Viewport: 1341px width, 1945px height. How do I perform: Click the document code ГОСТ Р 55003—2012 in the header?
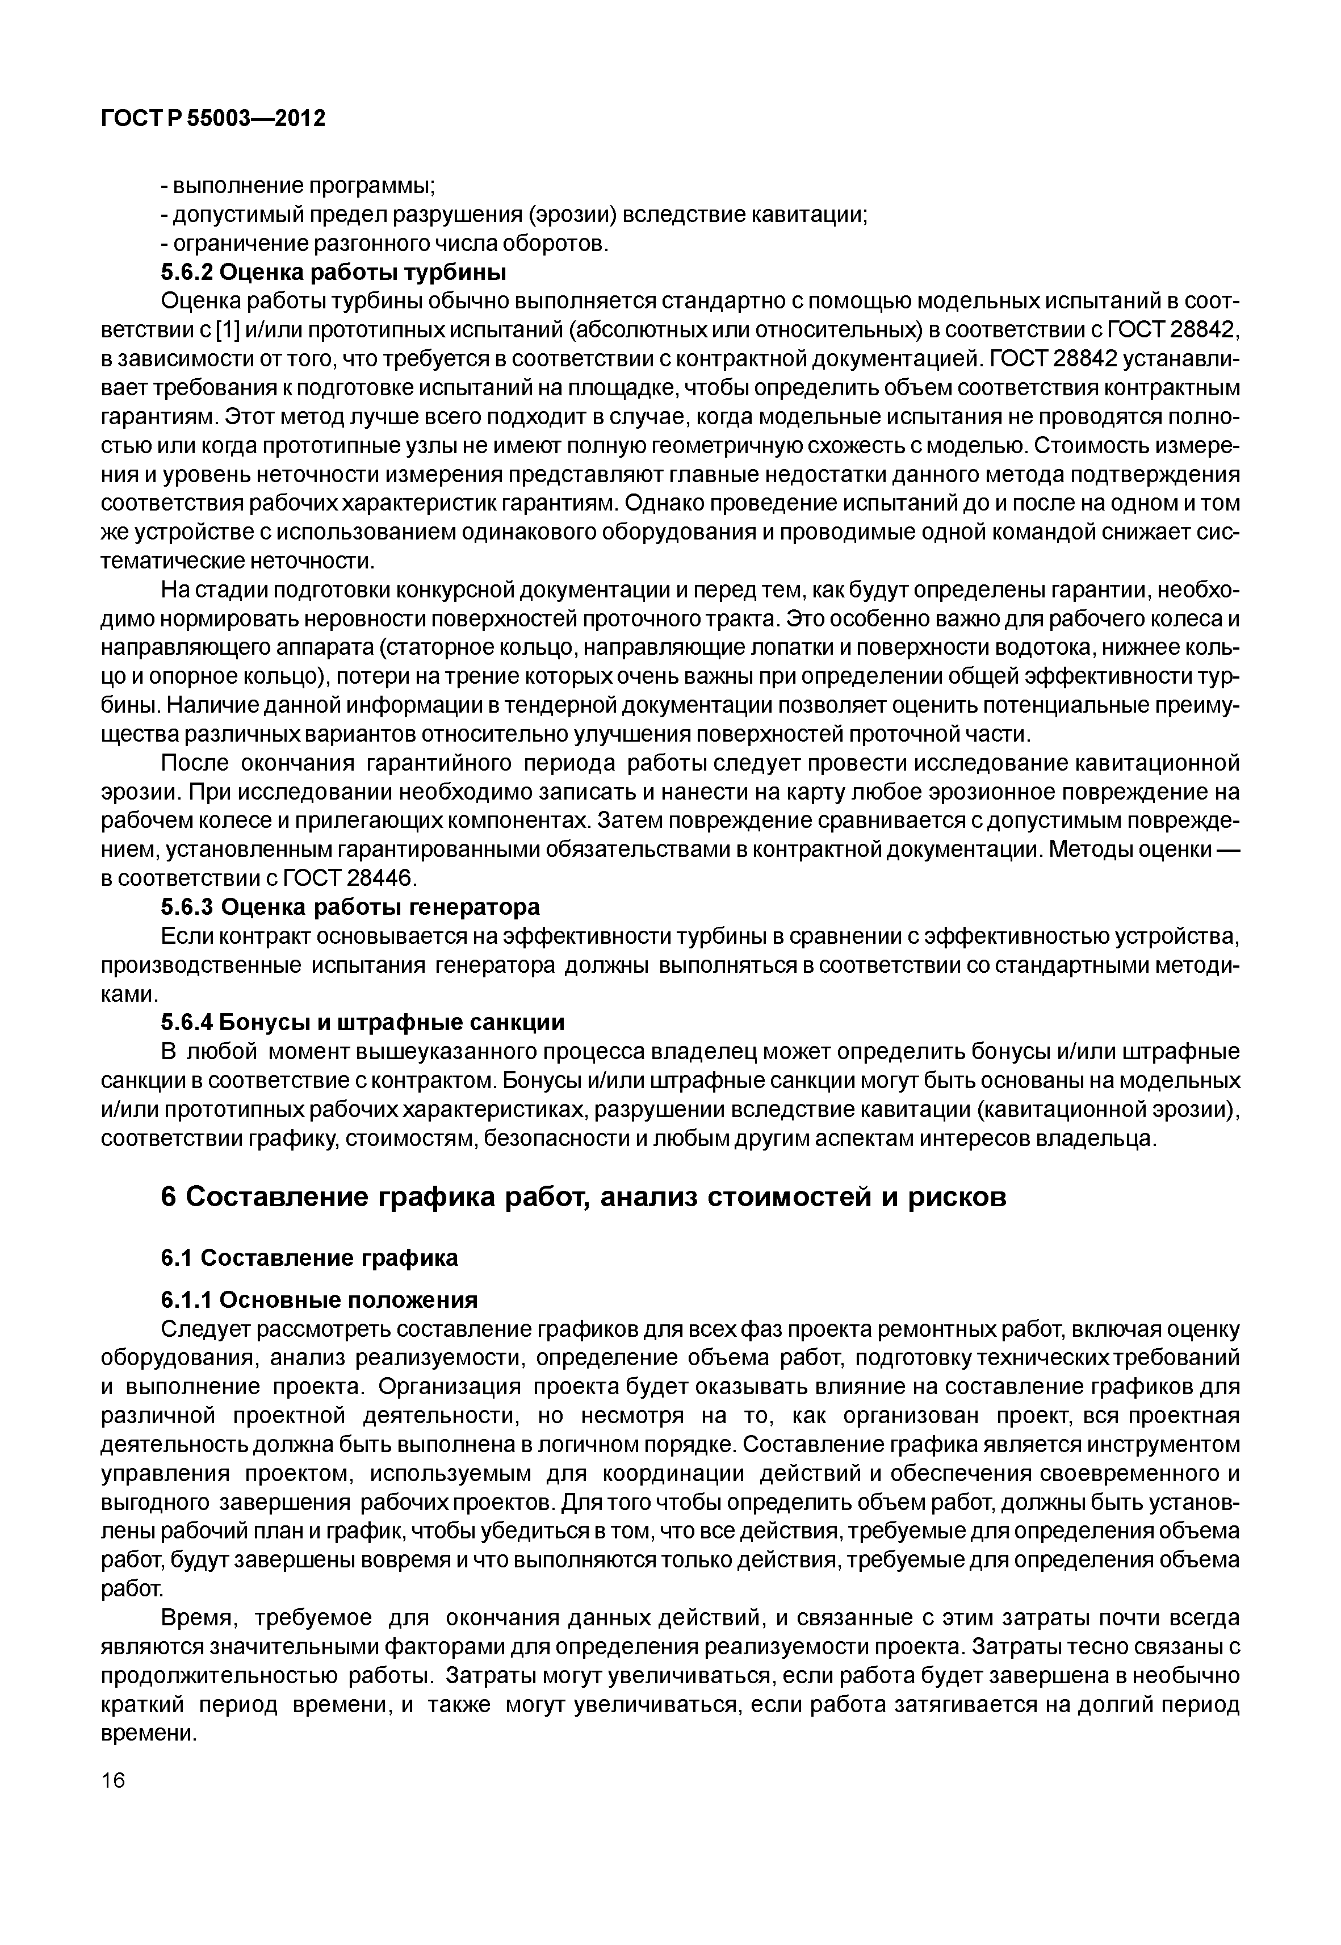(212, 119)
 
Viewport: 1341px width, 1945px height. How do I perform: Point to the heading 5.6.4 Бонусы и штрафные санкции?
(362, 1022)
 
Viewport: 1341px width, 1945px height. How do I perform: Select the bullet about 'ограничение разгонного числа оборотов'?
(384, 244)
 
